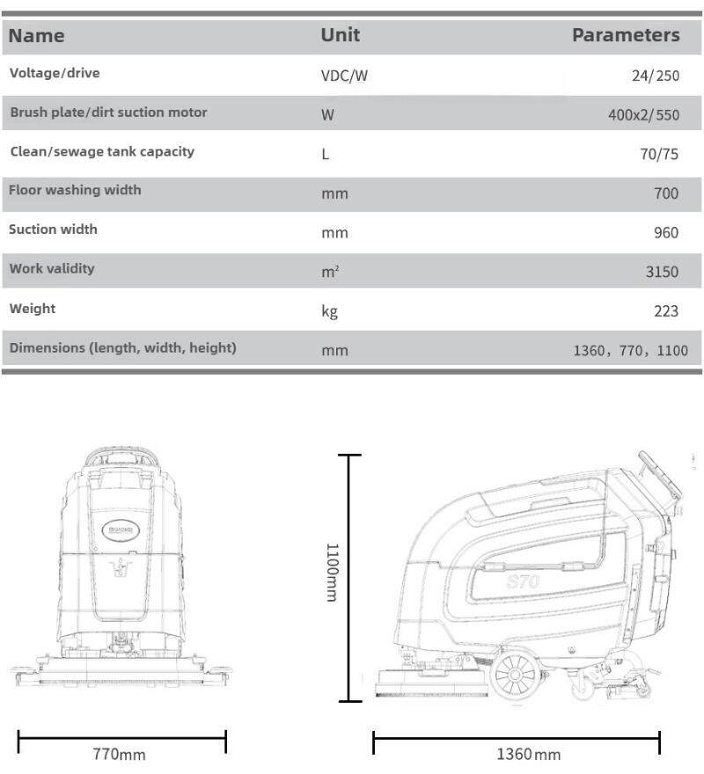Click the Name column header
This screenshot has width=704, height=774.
(37, 36)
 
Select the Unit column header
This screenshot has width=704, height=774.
(340, 35)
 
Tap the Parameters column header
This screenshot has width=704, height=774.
(626, 35)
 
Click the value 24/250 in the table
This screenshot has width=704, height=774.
(656, 76)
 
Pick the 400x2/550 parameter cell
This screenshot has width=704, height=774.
(643, 115)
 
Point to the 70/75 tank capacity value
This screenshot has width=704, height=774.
(659, 154)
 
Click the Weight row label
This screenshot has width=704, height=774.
(33, 309)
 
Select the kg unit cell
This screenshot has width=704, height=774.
(330, 311)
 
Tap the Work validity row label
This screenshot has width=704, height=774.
(52, 268)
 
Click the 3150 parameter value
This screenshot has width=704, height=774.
(662, 272)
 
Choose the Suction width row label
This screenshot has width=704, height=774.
(53, 230)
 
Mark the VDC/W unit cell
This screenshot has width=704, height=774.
(344, 76)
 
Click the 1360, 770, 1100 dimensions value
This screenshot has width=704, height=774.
(630, 350)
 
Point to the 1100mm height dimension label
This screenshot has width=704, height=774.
(332, 572)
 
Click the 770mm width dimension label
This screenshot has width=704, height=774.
(120, 755)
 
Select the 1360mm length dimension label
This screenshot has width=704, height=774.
(528, 755)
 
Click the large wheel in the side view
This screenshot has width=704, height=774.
(515, 675)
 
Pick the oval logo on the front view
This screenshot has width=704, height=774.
(118, 529)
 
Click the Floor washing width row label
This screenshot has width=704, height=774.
(75, 190)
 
